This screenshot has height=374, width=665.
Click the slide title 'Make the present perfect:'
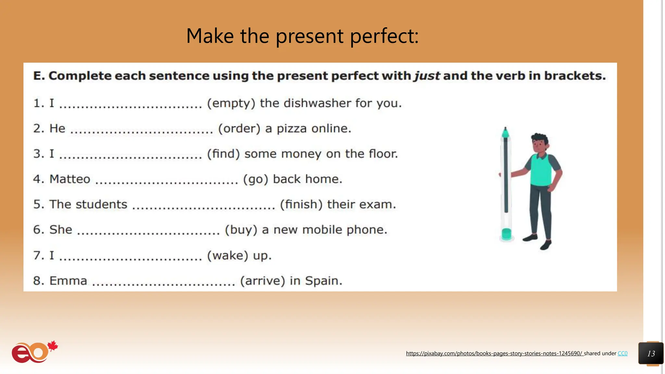[x=302, y=36]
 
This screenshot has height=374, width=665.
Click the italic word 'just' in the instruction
[x=427, y=76]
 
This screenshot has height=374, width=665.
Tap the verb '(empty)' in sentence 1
[x=231, y=103]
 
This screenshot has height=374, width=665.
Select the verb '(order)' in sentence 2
[x=239, y=129]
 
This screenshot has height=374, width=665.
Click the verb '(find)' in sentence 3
[x=223, y=154]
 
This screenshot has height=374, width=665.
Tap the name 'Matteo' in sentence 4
[x=70, y=179]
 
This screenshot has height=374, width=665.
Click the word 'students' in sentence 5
[x=101, y=205]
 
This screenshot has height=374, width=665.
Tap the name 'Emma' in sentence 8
[x=68, y=281]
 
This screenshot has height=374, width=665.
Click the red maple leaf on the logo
[x=53, y=346]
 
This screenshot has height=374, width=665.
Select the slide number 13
[x=651, y=354]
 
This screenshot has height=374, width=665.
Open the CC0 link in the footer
[x=622, y=354]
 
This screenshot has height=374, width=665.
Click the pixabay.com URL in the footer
[x=494, y=354]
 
